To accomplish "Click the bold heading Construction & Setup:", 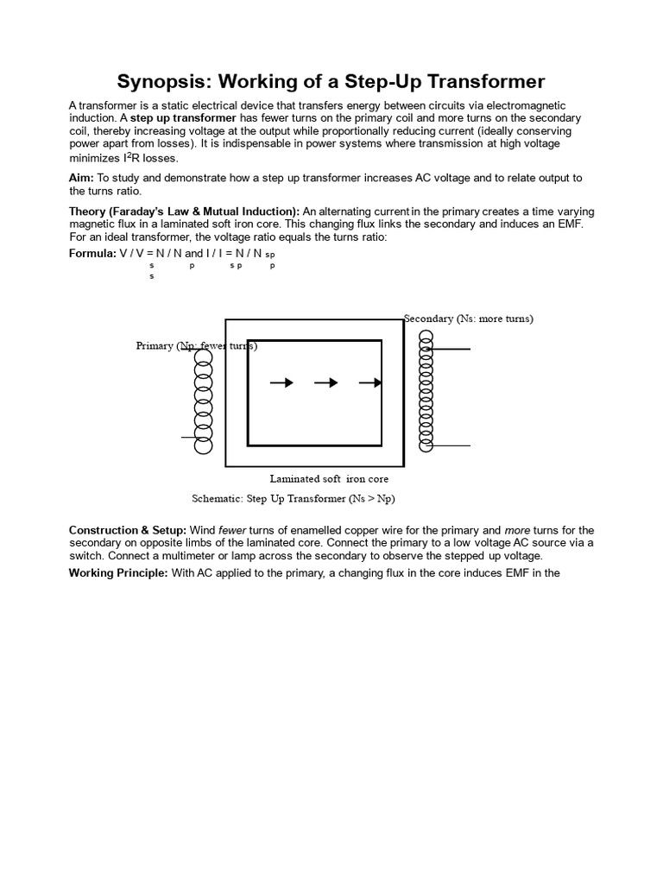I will click(127, 530).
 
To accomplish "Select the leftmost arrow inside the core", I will click(281, 382).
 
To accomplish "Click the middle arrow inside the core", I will click(325, 382).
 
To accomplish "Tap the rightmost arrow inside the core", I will click(369, 382).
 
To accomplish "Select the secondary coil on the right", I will click(426, 392).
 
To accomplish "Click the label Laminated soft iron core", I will click(329, 478).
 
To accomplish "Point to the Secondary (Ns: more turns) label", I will click(469, 319).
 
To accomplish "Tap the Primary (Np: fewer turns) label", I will click(196, 346).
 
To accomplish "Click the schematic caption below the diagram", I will click(293, 499).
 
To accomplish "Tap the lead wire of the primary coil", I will click(188, 437).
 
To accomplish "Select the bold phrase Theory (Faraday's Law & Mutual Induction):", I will click(184, 212).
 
